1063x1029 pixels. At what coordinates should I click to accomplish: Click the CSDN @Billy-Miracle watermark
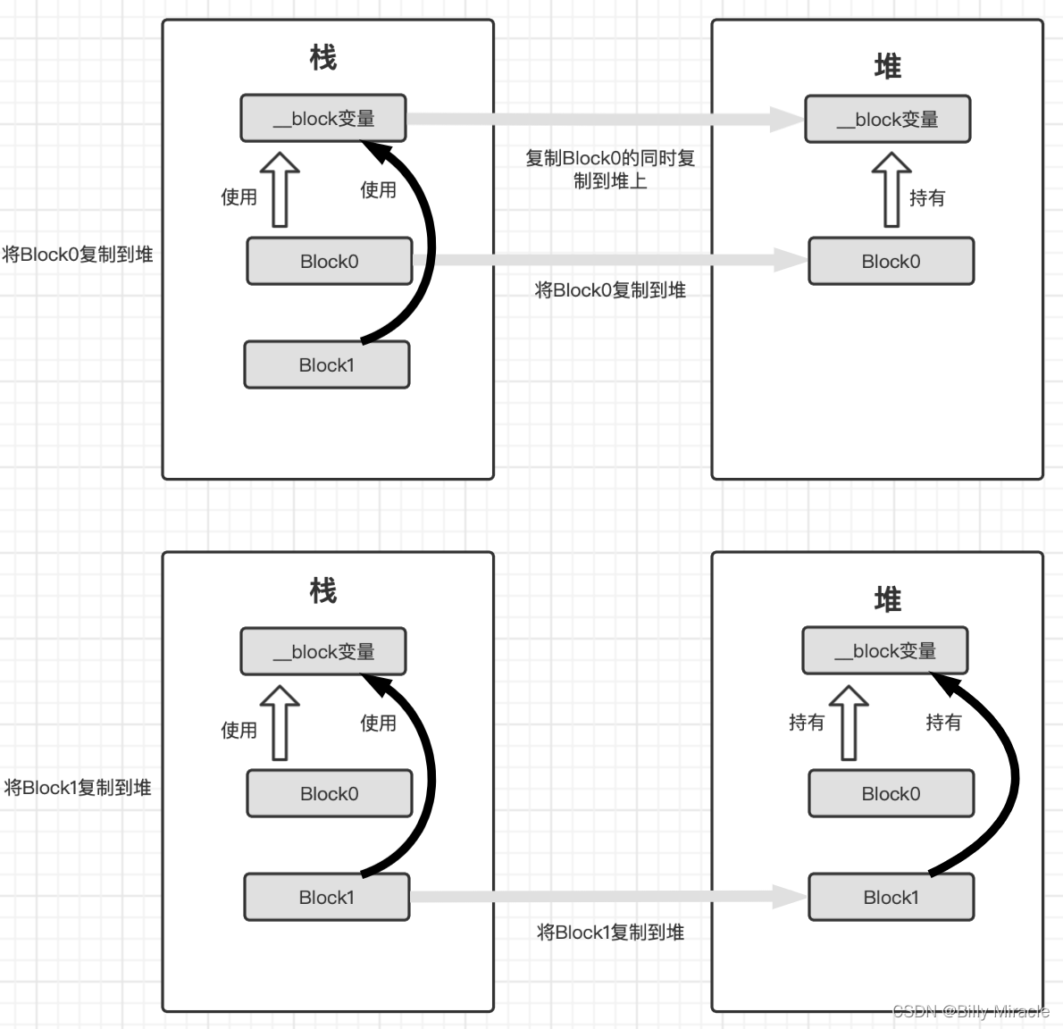click(971, 1011)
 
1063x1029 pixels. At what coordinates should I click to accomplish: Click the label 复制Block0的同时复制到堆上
click(610, 169)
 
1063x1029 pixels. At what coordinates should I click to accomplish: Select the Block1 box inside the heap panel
click(891, 898)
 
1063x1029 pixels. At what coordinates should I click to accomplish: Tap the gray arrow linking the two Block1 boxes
click(607, 897)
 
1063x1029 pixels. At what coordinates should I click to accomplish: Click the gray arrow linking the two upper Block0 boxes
click(607, 260)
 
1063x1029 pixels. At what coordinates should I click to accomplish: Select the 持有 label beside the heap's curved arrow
click(943, 722)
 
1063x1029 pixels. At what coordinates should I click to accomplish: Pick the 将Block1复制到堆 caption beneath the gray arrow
click(610, 933)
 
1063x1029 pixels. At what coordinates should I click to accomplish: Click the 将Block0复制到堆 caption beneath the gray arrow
click(610, 290)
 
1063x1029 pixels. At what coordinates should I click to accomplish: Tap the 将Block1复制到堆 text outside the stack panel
click(78, 788)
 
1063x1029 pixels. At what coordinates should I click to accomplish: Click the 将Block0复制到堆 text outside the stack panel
click(78, 255)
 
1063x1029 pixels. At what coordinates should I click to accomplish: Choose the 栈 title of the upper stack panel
click(322, 58)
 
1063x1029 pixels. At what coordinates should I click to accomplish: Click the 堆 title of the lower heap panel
click(887, 599)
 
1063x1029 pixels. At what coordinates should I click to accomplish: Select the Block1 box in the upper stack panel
click(327, 364)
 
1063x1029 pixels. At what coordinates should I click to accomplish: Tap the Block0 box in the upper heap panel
click(891, 261)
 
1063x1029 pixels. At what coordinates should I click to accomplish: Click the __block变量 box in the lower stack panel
click(323, 652)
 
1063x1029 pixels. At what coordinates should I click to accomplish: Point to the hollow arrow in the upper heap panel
click(891, 188)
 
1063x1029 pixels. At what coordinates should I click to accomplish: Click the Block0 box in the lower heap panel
click(891, 793)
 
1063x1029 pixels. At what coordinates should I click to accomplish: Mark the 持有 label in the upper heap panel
click(927, 197)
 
